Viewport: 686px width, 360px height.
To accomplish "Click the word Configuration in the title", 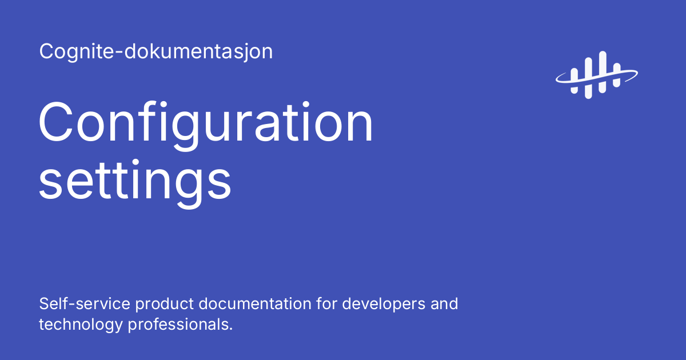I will (x=206, y=125).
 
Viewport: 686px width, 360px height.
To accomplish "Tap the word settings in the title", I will (x=135, y=182).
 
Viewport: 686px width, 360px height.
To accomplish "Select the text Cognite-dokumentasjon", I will (x=156, y=52).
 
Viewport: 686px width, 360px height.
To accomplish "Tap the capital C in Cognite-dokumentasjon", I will (x=46, y=52).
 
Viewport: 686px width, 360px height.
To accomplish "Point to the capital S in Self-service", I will (x=44, y=303).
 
